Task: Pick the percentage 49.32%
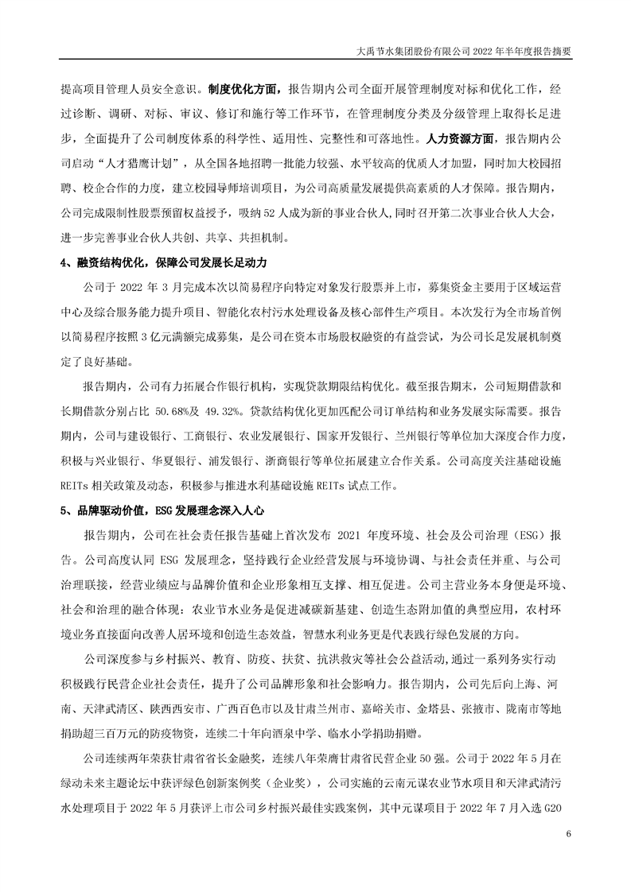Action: point(220,411)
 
